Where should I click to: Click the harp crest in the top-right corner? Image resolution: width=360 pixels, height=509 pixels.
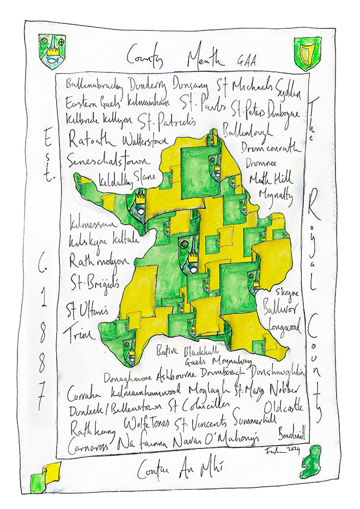[307, 53]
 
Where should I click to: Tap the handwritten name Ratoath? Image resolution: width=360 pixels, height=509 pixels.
[91, 140]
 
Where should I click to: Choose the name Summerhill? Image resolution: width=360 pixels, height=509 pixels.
[254, 421]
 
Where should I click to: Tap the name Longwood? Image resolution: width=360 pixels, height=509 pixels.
[284, 326]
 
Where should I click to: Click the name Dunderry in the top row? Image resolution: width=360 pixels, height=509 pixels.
[149, 84]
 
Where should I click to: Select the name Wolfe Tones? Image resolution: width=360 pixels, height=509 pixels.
[147, 423]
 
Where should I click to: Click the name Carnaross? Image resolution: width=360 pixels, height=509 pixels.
[89, 445]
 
